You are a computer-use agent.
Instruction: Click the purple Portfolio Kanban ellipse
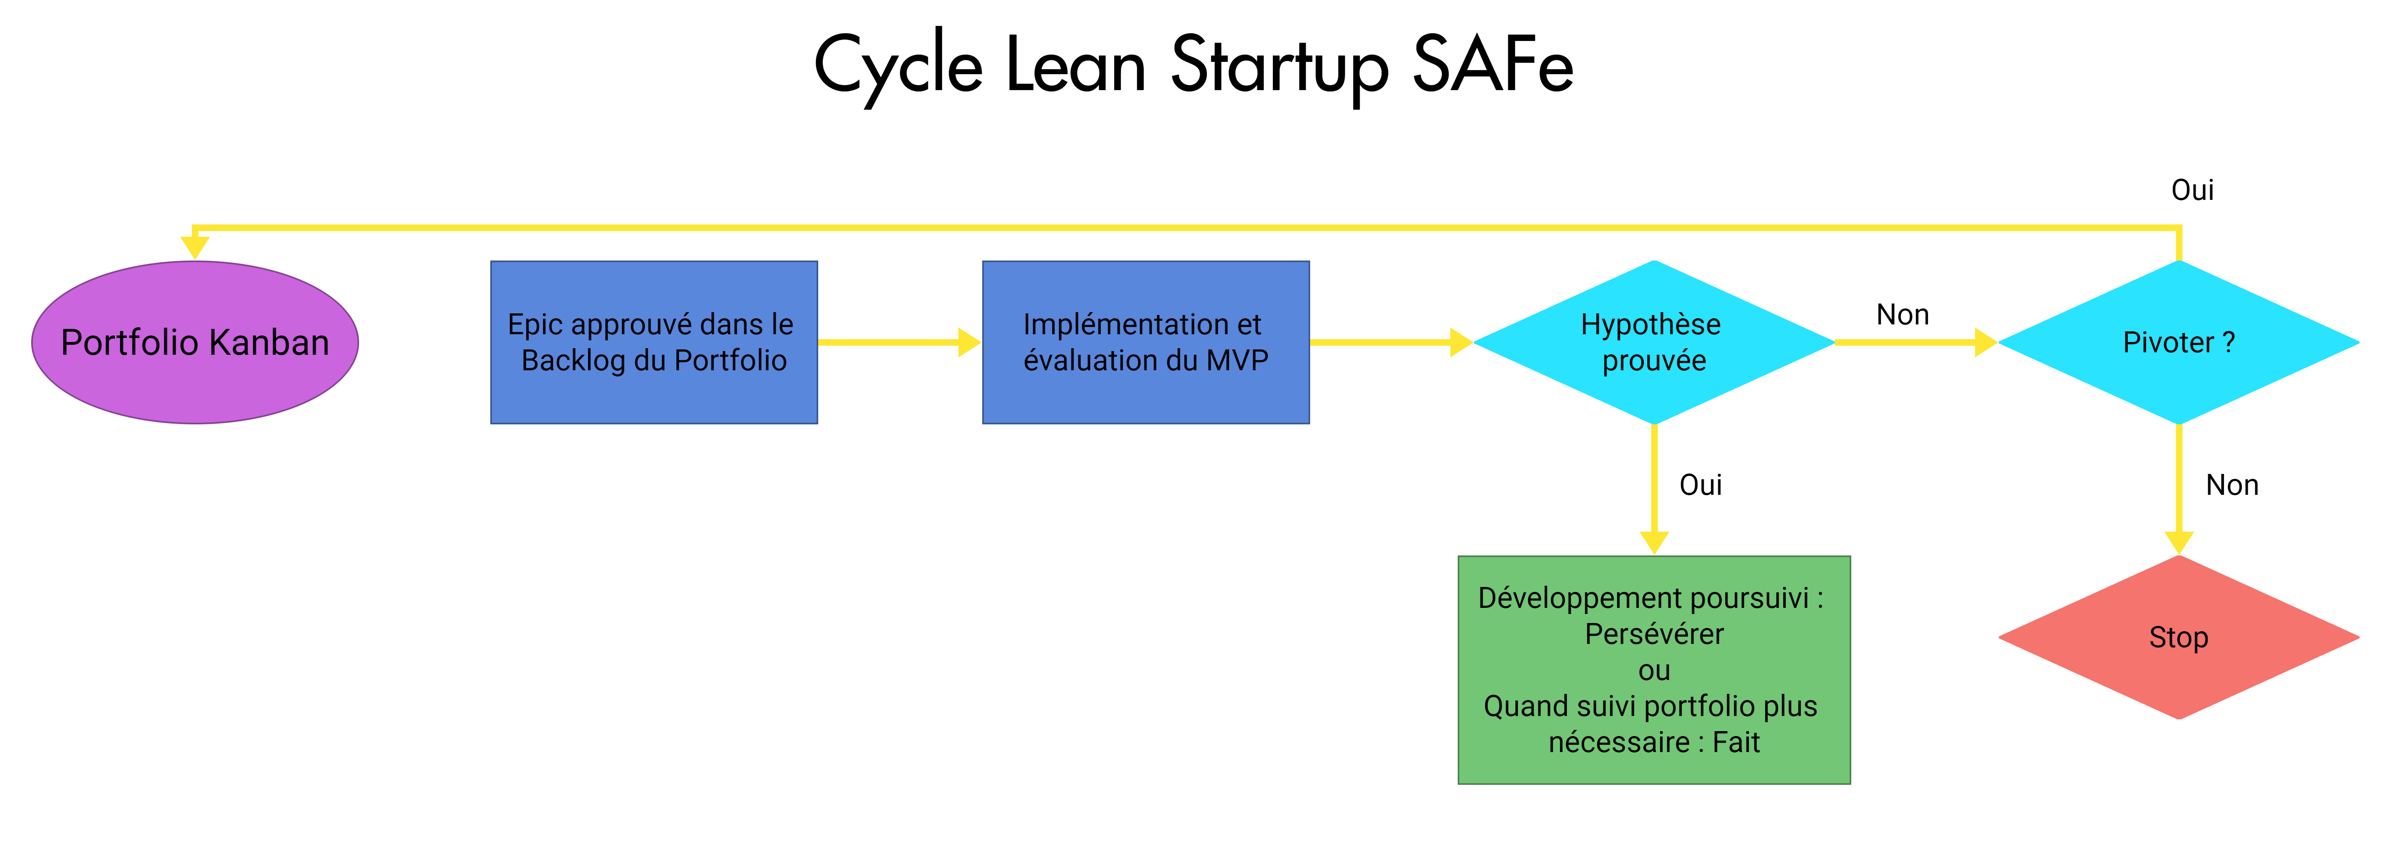click(195, 342)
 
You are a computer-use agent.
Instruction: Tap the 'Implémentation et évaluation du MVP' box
click(1146, 342)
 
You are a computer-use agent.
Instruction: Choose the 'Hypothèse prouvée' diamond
click(1654, 342)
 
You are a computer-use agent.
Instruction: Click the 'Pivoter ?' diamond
click(2178, 342)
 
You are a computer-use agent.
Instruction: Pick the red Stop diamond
click(2178, 637)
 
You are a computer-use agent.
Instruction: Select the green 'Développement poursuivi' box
click(1654, 670)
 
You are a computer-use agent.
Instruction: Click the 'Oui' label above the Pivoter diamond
click(2192, 190)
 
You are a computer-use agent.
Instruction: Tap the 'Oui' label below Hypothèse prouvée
click(1701, 485)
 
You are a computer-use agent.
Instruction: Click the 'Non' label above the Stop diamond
click(2232, 485)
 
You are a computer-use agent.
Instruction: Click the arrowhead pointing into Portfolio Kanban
click(195, 247)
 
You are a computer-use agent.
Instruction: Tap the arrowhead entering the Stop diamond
click(2178, 543)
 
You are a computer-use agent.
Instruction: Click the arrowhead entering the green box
click(1654, 543)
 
